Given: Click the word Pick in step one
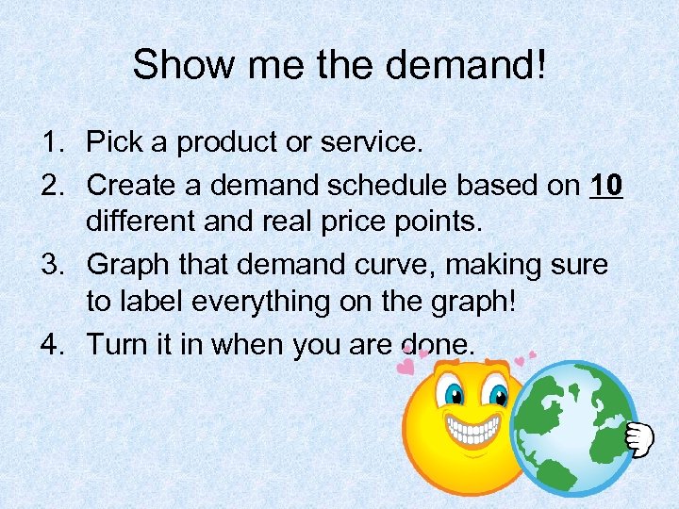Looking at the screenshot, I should tap(113, 143).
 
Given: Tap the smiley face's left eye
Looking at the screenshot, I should tap(453, 394).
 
